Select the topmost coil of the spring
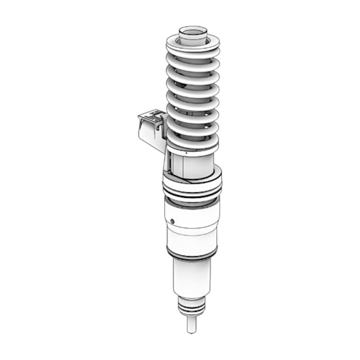pyautogui.click(x=192, y=46)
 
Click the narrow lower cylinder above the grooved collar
pyautogui.click(x=190, y=277)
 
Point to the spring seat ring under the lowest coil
pyautogui.click(x=192, y=147)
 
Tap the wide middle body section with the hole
pyautogui.click(x=192, y=226)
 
